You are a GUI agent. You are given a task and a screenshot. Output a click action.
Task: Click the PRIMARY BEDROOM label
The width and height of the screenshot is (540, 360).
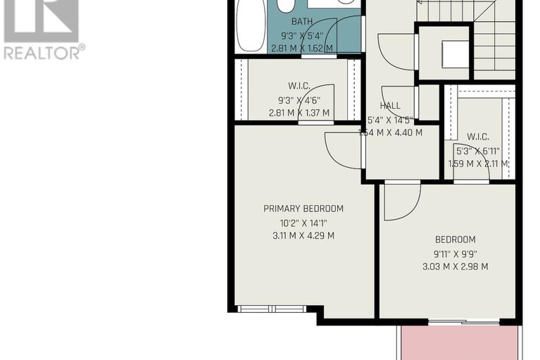pos(303,209)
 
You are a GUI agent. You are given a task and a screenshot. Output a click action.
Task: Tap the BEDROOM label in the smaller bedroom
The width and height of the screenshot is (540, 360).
pos(456,240)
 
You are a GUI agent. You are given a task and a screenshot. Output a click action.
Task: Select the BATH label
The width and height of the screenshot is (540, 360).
pos(302,21)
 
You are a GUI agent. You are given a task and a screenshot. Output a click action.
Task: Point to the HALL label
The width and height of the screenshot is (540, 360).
pos(390,106)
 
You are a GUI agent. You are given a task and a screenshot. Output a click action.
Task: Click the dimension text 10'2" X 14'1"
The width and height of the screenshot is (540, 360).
pos(303,223)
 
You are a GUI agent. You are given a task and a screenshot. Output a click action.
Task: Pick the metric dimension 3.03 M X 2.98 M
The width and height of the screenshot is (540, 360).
pos(456,266)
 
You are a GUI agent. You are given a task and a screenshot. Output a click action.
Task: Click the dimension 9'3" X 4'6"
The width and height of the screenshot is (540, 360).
pos(299,101)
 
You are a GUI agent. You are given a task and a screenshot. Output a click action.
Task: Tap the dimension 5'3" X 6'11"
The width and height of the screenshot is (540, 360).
pos(478,151)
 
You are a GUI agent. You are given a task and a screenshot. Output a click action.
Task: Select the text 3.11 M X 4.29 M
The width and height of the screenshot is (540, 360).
pos(303,236)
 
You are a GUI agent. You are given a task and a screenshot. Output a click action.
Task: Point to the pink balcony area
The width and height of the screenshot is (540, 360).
pos(460,343)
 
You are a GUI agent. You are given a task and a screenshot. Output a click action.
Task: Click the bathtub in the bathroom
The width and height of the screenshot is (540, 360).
pos(251,26)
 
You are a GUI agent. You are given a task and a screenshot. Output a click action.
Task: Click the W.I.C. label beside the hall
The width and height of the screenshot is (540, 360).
pos(478,137)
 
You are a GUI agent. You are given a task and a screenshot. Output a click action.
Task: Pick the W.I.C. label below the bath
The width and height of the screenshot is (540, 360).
pos(299,86)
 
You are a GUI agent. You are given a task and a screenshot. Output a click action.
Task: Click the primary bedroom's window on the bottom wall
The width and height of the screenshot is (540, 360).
pos(272,309)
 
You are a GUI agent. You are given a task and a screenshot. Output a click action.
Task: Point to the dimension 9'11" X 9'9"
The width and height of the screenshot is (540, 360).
pos(456,254)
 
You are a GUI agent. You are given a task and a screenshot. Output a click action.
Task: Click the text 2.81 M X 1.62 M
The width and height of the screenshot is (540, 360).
pos(302,49)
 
